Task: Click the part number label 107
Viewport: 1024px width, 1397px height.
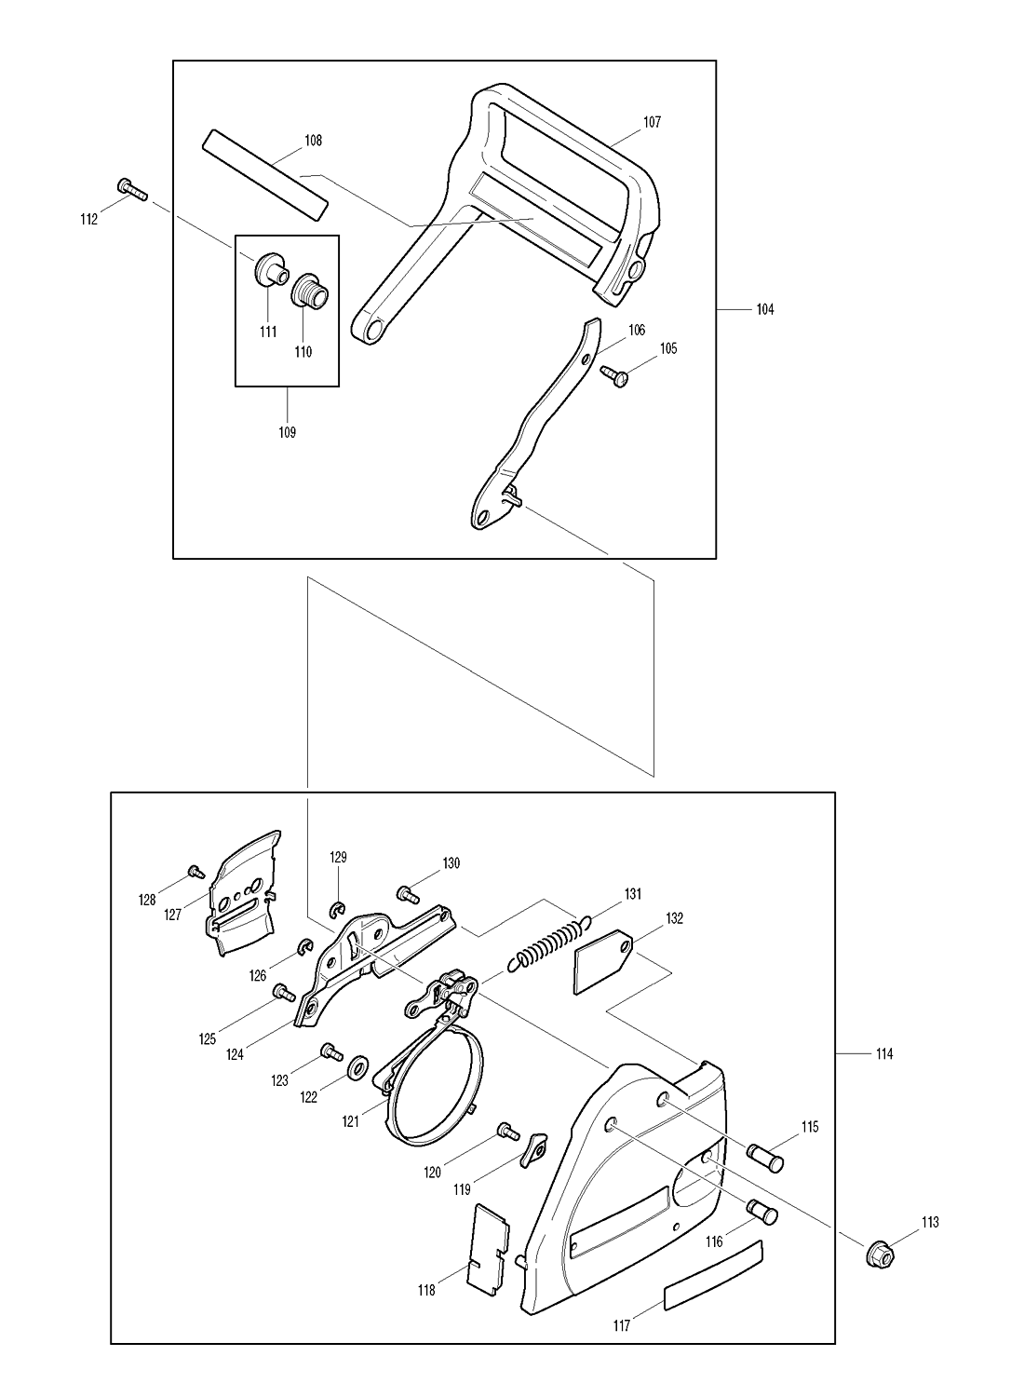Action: click(x=652, y=122)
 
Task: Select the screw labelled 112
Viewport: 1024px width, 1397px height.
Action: click(x=131, y=189)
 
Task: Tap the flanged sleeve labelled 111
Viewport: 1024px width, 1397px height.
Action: click(x=271, y=270)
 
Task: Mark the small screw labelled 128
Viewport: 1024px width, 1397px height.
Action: click(x=196, y=871)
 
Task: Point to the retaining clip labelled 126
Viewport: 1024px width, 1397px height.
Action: click(x=304, y=947)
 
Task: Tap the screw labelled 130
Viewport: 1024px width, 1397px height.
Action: click(x=408, y=894)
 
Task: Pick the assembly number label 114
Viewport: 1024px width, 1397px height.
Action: click(x=884, y=1054)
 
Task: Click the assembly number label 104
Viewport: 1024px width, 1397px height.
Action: click(x=765, y=309)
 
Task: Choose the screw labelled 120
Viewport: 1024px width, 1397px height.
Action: click(x=508, y=1132)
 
